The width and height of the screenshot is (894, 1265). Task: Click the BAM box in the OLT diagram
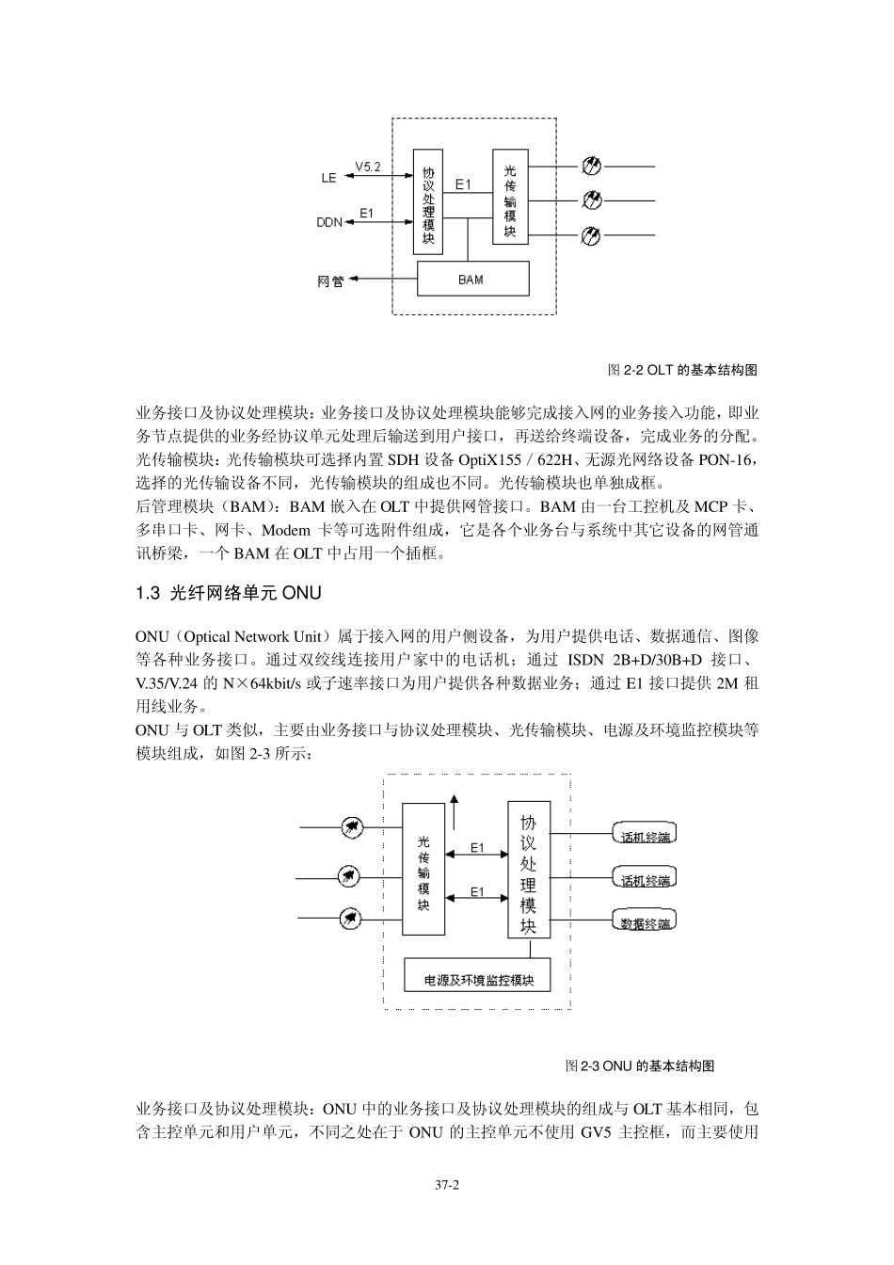pos(472,279)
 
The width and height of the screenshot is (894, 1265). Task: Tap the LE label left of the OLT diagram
pos(328,177)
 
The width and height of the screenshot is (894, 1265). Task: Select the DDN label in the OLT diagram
pos(329,223)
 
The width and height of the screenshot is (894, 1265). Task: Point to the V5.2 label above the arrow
pos(368,166)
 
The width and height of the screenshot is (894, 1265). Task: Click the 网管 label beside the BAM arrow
pos(330,280)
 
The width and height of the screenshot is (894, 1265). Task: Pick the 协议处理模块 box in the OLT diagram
pos(428,200)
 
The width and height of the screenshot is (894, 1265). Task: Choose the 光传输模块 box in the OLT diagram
pos(509,197)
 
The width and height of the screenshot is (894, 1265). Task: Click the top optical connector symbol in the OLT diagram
pos(592,167)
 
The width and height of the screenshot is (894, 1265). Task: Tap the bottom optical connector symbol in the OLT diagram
pos(592,234)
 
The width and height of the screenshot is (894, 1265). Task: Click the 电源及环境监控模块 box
pos(479,980)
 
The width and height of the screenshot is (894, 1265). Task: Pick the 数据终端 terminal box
pos(646,923)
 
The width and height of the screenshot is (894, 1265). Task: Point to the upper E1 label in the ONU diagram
pos(477,848)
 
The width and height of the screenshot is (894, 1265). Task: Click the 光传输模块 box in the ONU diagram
pos(423,869)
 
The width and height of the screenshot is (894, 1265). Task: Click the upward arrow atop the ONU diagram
pos(455,803)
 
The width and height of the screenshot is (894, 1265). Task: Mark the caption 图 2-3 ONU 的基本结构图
pos(640,1065)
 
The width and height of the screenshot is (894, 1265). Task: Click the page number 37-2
pos(446,1187)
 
